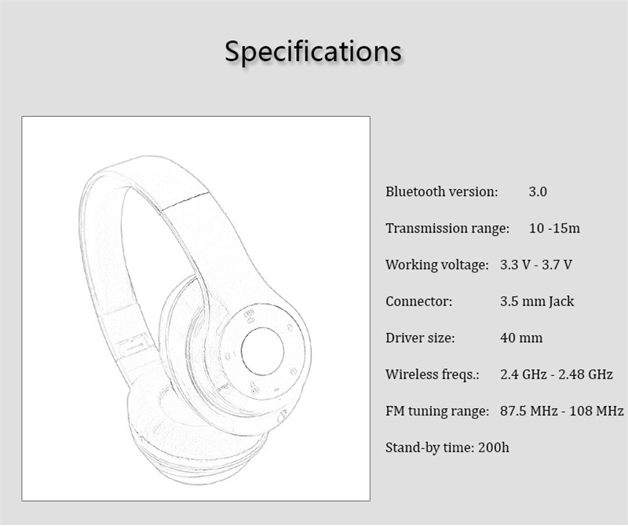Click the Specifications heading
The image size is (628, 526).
coord(312,51)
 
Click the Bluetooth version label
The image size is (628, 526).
coord(442,192)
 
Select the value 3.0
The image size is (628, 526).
coord(538,192)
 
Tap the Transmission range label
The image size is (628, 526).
coord(447,228)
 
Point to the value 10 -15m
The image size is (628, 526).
coord(555,228)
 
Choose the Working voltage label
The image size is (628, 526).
coord(437,265)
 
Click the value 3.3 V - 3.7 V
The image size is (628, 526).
coord(536,265)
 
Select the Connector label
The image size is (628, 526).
coord(419,301)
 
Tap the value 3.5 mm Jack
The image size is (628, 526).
coord(537,301)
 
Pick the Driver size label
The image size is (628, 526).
coord(420,338)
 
